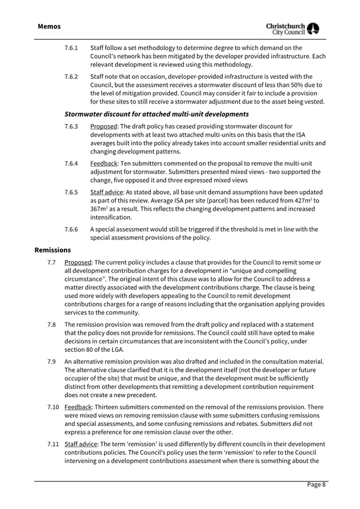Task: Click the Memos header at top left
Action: tap(50, 26)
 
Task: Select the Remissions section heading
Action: tap(53, 249)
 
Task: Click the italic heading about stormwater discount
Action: tap(156, 114)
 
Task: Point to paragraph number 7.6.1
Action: tap(71, 48)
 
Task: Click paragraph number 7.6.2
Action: tap(71, 77)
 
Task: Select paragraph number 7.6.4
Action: tap(71, 164)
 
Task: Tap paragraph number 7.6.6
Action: tap(71, 230)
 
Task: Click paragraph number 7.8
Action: tap(52, 325)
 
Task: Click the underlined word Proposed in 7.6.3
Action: tap(103, 126)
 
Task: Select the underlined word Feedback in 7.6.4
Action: tap(103, 164)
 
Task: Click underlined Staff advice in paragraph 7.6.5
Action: tap(107, 192)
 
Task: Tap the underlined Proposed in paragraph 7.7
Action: tap(78, 262)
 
